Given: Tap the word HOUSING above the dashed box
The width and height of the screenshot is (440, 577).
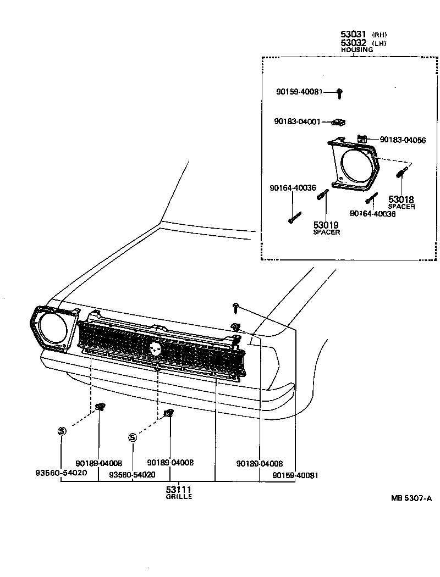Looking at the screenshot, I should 357,49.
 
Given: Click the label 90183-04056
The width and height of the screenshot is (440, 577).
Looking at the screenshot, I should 403,140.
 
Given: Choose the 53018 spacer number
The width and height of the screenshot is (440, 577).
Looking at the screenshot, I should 401,199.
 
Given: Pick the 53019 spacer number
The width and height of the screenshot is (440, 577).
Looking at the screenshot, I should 326,225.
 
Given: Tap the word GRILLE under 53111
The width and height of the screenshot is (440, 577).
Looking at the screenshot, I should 179,497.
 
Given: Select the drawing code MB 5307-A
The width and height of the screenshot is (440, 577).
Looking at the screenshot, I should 411,498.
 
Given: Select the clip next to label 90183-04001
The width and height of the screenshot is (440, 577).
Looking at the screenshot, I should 341,121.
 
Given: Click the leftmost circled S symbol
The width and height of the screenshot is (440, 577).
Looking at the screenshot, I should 62,431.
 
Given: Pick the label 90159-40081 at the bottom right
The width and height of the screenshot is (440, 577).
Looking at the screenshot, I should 295,475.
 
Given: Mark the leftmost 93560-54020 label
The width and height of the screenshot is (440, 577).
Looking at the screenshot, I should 61,473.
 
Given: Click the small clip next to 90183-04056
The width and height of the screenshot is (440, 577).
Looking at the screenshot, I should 362,138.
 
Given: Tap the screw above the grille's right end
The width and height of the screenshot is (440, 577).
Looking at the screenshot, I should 235,305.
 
